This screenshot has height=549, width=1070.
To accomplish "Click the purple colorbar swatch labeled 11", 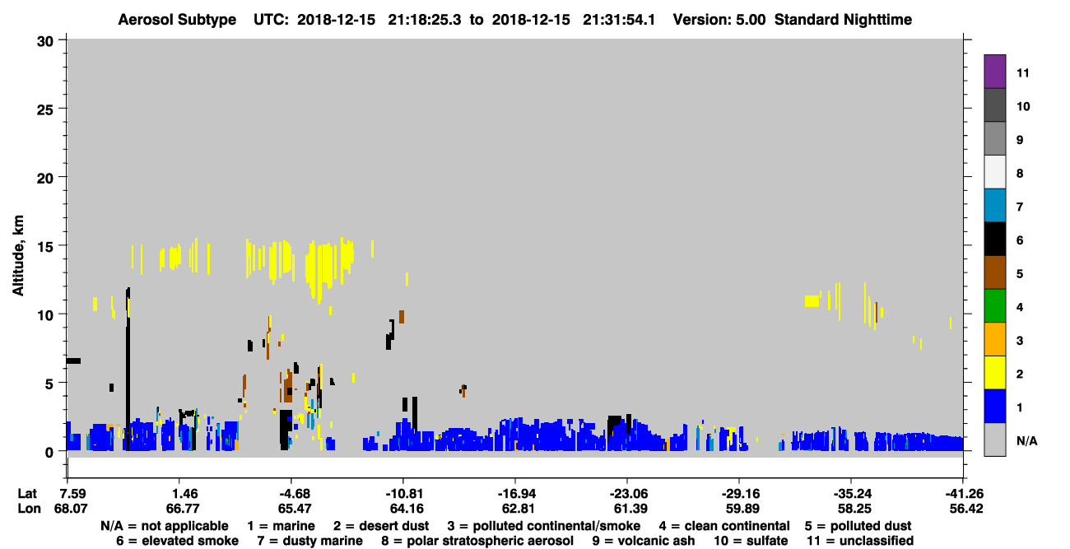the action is coord(994,72).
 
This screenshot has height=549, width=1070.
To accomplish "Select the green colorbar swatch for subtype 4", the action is coord(994,306).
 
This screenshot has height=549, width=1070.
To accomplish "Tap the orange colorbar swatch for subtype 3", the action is coord(994,339).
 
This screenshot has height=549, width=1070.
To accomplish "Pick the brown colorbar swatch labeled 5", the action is coord(994,272).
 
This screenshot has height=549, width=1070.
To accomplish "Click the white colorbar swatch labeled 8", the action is coord(994,172).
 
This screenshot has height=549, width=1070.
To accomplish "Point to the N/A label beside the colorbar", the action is coord(1026,440).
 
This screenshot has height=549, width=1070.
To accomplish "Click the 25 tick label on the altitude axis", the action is coord(45,110).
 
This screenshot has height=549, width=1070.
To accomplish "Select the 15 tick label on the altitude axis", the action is coord(45,247).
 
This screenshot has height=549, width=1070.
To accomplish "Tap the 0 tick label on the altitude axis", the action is coord(49,452).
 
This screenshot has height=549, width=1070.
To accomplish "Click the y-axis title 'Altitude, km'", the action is coord(17,256).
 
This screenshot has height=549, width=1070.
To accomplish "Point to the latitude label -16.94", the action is coord(516,494).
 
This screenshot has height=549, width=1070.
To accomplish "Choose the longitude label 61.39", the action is coord(630,509).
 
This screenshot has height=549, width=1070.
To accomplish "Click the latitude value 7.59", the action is coord(72,494).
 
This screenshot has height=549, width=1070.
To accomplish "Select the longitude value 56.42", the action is coord(966,509).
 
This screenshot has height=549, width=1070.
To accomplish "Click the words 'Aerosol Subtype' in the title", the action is coord(177,20).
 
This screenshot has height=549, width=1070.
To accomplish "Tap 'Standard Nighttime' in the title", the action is coord(843,20).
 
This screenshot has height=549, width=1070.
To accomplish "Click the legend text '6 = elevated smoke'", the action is coord(177,541).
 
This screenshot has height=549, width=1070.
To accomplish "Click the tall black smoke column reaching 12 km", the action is coord(128,369).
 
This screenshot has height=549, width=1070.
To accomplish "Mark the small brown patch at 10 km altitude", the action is coord(402,317).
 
